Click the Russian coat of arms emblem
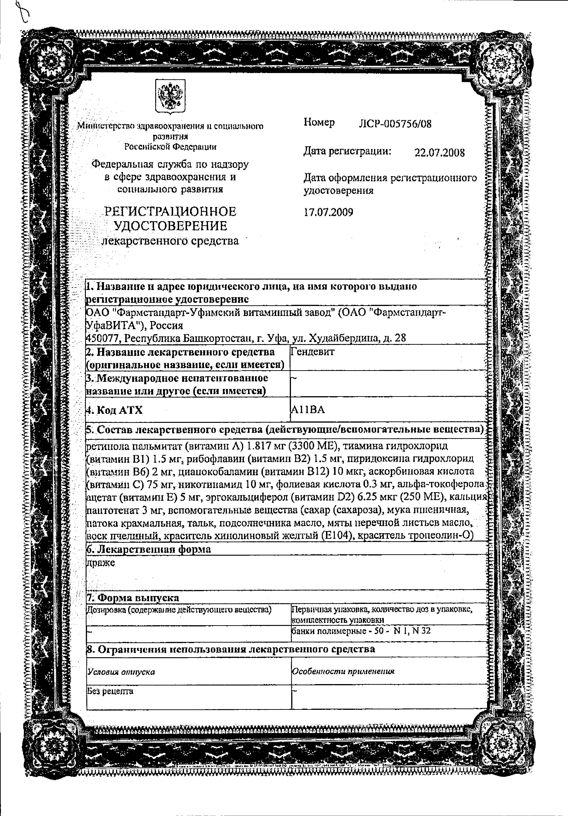(x=170, y=97)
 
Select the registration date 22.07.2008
(x=440, y=153)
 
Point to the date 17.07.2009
(x=328, y=213)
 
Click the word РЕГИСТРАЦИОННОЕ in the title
(x=170, y=211)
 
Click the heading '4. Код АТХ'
(x=115, y=410)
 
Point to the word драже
(x=101, y=563)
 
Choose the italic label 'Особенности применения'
(x=343, y=671)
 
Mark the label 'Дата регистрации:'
(x=347, y=151)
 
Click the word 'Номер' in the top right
(x=319, y=123)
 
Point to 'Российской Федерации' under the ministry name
(x=170, y=147)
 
